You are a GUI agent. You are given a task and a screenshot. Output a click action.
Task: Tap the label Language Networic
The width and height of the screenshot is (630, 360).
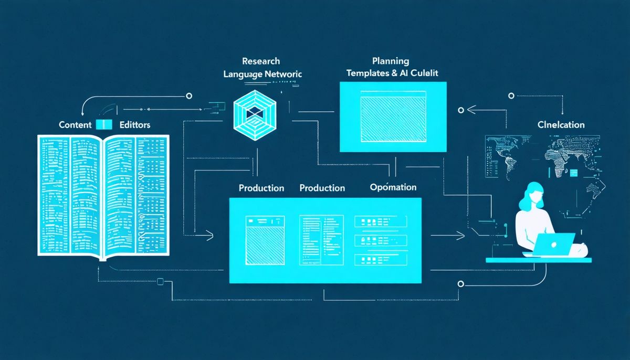262,75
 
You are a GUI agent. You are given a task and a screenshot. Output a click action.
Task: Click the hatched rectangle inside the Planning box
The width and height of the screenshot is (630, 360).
393,117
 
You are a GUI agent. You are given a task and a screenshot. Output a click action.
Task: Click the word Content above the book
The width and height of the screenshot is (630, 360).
75,125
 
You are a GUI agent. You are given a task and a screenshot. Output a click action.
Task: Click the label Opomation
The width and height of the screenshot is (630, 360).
393,187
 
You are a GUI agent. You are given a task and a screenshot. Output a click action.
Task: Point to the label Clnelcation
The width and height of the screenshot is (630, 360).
561,125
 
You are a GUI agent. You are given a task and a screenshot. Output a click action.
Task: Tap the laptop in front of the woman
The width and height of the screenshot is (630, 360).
555,242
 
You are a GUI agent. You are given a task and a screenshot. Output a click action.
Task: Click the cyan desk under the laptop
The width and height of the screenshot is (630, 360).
538,260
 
